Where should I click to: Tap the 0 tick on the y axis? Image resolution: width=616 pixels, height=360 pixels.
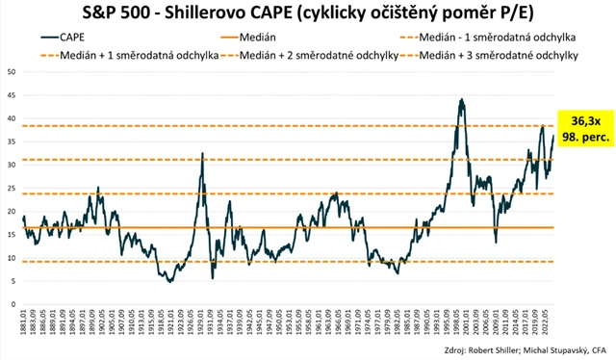[13, 305]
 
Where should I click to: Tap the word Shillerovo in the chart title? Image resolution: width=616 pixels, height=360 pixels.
[199, 12]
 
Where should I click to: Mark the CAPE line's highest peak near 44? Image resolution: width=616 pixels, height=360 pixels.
[463, 99]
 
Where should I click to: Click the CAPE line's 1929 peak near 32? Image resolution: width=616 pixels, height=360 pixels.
[202, 153]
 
